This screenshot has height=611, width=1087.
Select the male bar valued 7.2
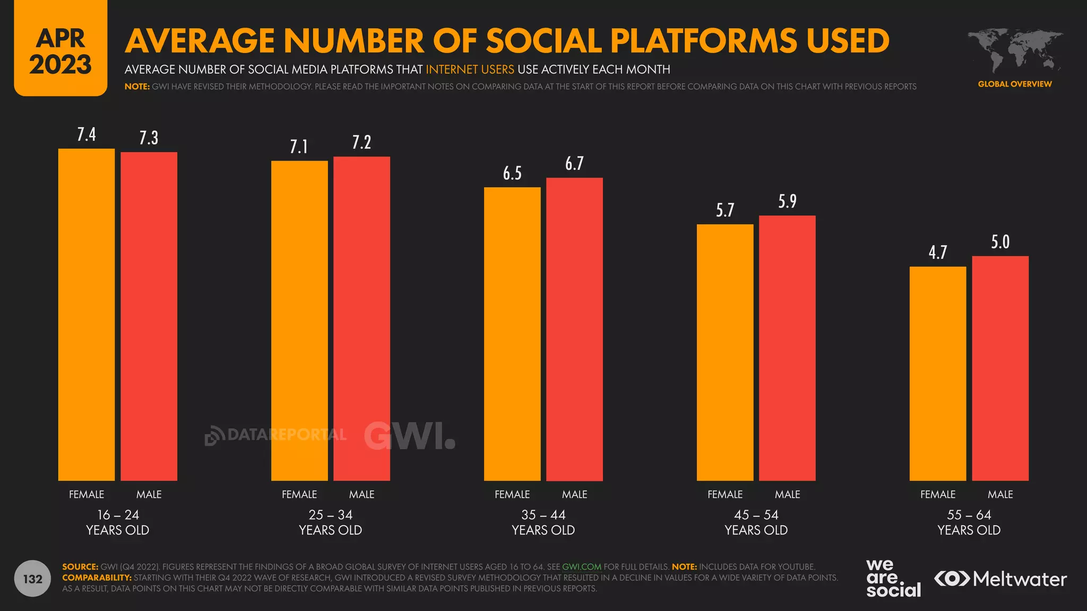[361, 318]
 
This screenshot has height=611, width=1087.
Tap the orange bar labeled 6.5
[512, 334]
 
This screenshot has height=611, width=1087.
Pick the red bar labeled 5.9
[787, 348]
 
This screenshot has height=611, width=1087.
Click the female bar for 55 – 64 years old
[938, 373]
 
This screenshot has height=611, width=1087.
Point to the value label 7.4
[87, 135]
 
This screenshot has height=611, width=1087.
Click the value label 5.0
[1000, 242]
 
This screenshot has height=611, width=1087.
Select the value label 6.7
[574, 164]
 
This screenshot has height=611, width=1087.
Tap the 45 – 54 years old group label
[756, 522]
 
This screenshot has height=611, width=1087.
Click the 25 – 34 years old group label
[330, 522]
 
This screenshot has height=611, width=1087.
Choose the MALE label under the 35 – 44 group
[574, 494]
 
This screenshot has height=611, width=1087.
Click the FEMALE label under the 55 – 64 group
[938, 494]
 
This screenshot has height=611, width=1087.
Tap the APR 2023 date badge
[61, 51]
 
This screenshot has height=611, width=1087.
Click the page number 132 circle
[32, 579]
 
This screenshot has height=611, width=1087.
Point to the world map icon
[1015, 51]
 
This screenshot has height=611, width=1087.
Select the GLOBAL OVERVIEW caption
[1015, 84]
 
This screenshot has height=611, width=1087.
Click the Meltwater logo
[1000, 579]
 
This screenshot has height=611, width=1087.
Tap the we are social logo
[893, 579]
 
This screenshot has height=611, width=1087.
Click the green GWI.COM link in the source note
[582, 567]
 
